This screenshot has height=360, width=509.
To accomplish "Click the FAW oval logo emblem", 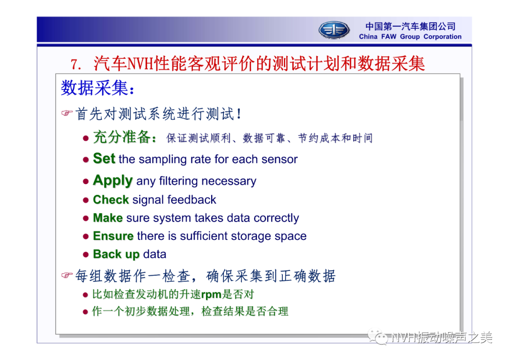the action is point(334,30).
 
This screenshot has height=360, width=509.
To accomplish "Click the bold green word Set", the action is point(104,158).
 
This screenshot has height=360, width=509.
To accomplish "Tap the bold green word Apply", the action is point(113,180).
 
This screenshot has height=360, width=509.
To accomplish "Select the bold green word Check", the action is point(111,200).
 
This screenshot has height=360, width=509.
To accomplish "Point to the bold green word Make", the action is point(108,218).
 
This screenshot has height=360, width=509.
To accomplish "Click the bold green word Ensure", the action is point(113,236).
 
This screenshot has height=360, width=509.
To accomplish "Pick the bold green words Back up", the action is point(116,254).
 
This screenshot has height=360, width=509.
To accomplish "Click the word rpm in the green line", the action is point(211,295).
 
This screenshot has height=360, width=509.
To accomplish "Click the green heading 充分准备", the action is point(122,137).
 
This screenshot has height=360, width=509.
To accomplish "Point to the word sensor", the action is point(279,159).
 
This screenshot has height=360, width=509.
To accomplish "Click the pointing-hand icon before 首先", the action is point(66,113).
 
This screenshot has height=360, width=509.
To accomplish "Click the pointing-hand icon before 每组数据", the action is point(66,275).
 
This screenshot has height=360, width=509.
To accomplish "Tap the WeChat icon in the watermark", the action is point(378,337).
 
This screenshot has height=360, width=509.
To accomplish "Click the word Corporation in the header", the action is point(443,37).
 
